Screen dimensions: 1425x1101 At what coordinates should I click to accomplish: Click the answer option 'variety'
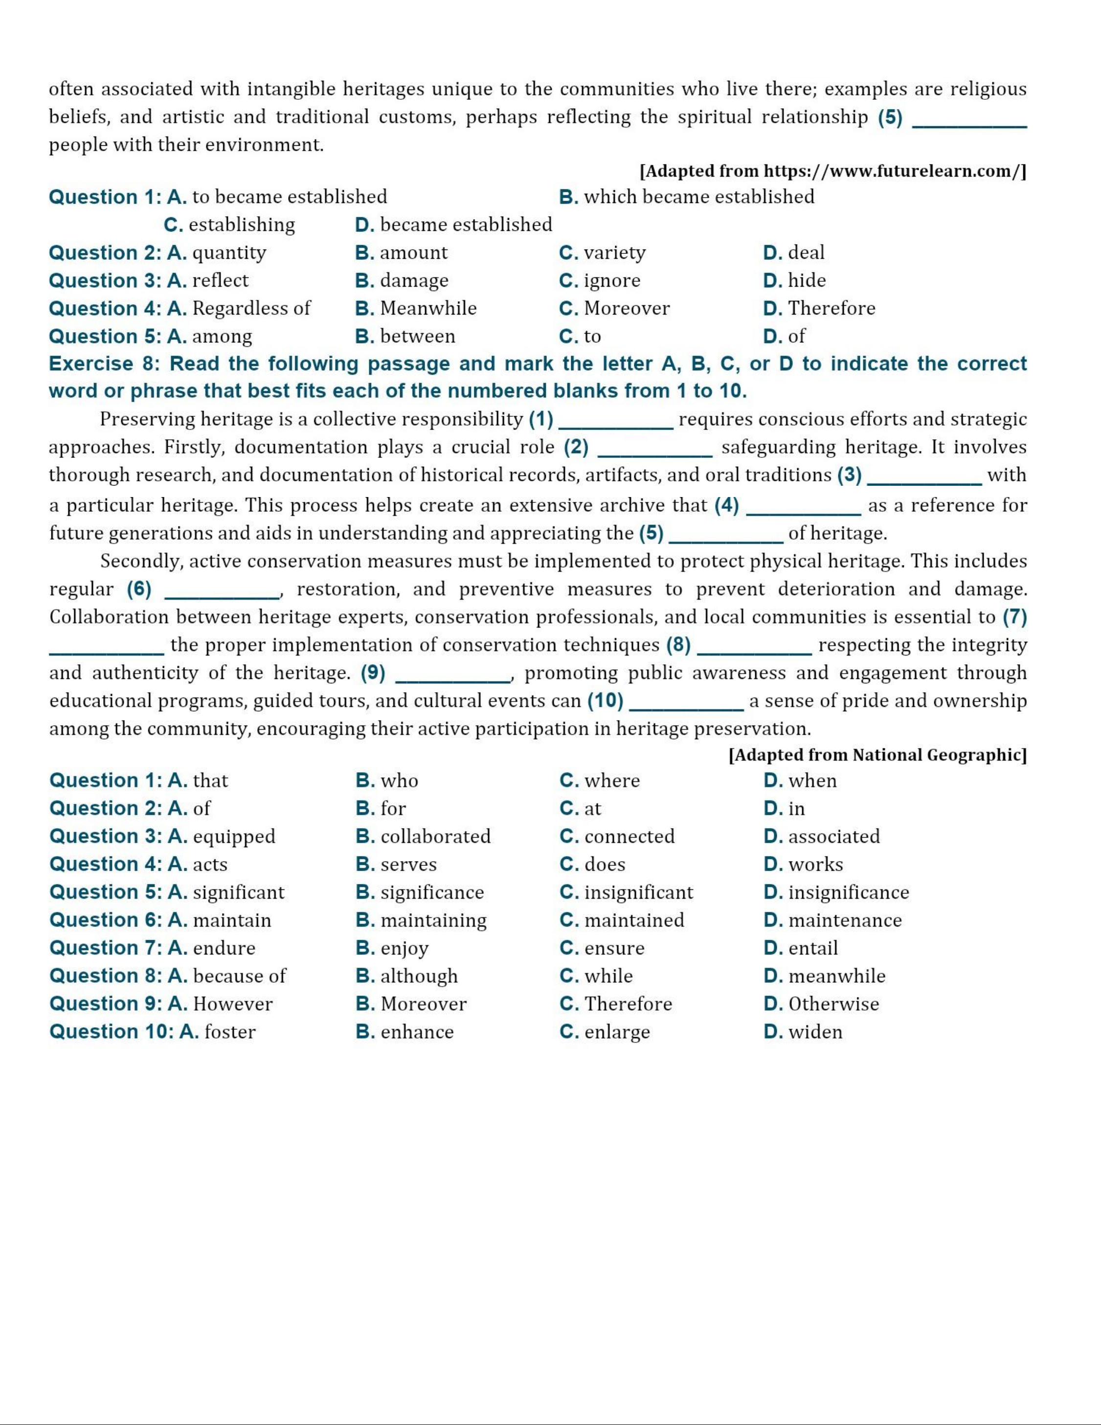[614, 252]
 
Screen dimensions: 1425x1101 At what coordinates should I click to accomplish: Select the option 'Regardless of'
[251, 308]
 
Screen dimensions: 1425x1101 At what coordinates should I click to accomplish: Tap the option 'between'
[417, 336]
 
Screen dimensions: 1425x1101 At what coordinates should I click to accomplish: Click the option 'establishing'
[241, 225]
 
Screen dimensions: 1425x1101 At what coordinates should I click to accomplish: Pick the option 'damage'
[414, 281]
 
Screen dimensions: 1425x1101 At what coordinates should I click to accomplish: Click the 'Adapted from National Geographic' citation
[877, 755]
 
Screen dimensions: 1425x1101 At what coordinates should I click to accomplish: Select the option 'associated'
[833, 836]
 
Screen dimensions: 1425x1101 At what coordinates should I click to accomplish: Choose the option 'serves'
[408, 864]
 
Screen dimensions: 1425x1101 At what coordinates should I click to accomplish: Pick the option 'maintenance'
[845, 920]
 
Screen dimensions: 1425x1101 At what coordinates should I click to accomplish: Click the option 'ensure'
[614, 948]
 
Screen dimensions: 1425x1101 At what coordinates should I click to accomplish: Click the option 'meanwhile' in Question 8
[837, 976]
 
